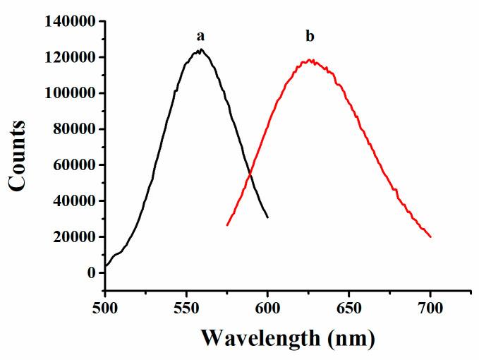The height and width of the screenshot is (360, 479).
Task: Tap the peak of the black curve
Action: [x=201, y=49]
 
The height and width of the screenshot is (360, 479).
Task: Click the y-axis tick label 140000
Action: [x=69, y=21]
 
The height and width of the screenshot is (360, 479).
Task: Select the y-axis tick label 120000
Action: [x=69, y=57]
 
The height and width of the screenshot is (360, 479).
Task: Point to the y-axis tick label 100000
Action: [x=69, y=93]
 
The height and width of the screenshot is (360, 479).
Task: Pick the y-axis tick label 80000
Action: [x=73, y=129]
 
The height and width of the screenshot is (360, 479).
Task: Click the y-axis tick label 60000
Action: [x=73, y=165]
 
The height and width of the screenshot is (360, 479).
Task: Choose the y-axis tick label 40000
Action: [x=73, y=201]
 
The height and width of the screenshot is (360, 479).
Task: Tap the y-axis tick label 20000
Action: [x=73, y=237]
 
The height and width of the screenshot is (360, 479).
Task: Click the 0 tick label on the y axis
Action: [x=91, y=273]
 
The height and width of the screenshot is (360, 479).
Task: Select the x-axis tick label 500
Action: [x=104, y=308]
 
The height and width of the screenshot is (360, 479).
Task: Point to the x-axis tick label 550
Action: [x=186, y=308]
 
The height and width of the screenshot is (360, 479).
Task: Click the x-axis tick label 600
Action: [x=267, y=308]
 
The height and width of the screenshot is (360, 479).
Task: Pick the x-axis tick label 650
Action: [x=349, y=308]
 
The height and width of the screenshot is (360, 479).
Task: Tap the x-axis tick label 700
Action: [x=430, y=308]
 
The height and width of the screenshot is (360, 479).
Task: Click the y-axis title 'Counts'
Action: [x=18, y=156]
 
